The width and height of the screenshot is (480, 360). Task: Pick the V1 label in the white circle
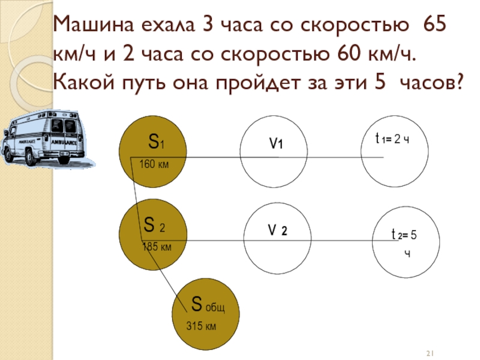[275, 144]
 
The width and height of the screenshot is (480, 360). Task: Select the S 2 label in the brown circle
[154, 226]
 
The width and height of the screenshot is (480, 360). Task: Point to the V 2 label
[277, 231]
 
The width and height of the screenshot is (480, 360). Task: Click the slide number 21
[430, 352]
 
